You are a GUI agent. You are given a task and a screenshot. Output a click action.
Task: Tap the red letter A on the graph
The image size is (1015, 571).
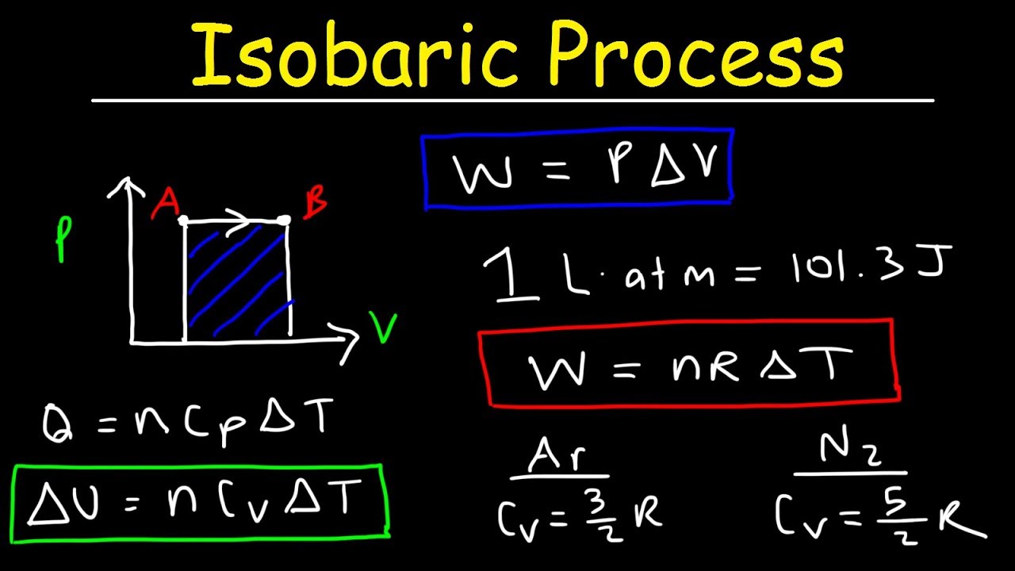165,204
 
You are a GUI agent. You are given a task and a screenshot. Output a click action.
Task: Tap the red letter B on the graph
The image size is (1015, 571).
315,205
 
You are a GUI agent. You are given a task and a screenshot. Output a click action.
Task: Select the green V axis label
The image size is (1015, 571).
383,327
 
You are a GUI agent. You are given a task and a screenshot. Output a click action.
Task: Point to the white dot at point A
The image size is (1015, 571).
184,220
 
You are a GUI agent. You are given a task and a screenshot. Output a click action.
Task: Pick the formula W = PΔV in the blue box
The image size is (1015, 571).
577,171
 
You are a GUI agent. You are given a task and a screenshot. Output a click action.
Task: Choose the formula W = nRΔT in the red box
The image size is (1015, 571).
688,365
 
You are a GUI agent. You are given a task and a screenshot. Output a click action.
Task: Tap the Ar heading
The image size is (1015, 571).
559,458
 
